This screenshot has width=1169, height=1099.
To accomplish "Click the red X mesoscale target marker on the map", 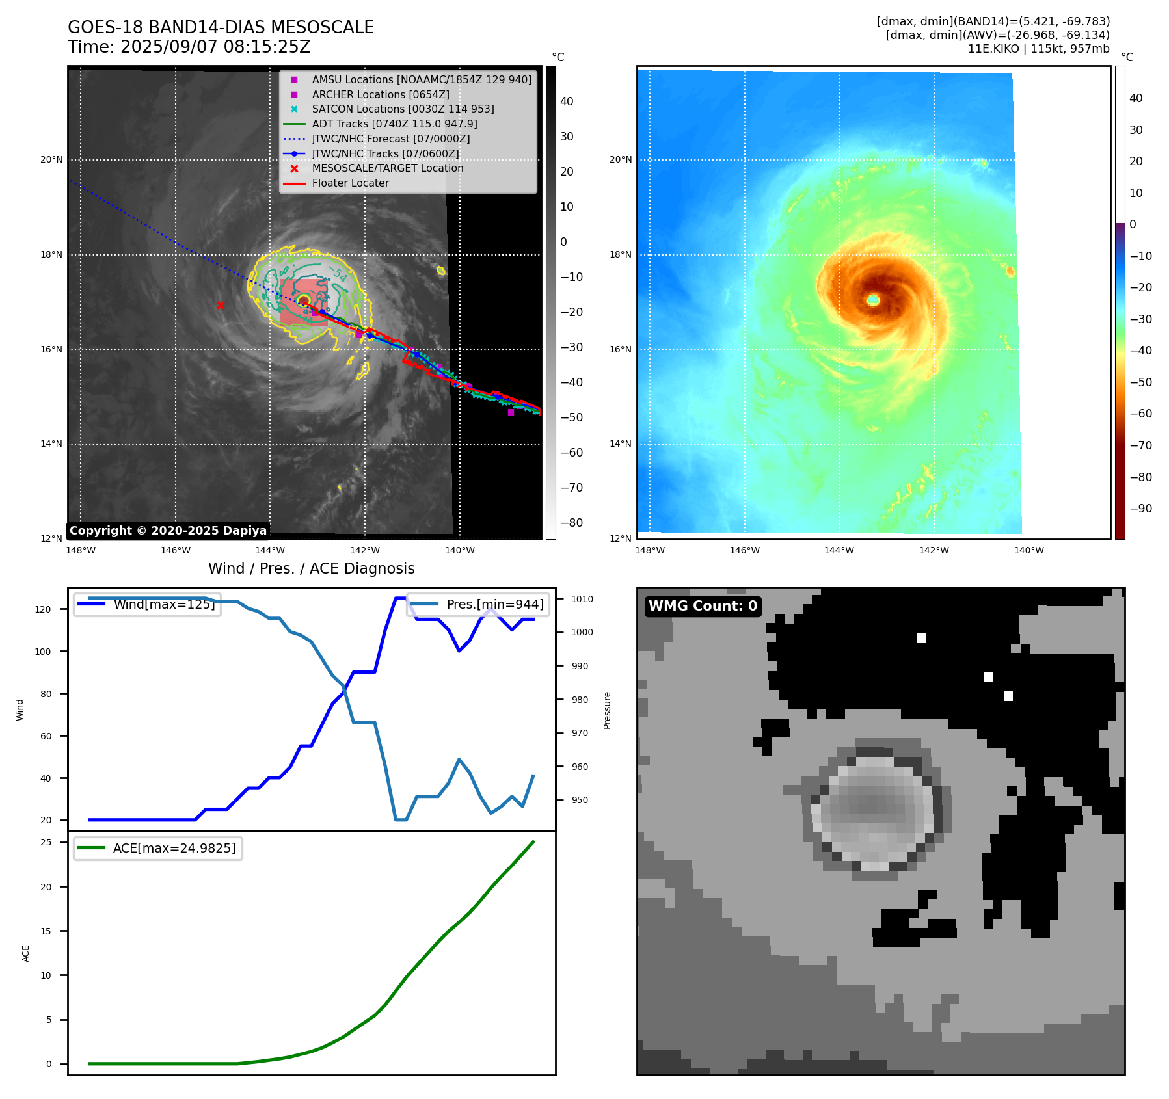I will click(x=221, y=305).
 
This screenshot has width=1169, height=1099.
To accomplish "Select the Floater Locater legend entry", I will click(x=350, y=183).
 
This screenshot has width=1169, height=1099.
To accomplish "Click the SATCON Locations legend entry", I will click(x=403, y=109).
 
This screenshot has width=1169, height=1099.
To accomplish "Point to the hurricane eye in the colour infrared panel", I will click(x=873, y=299).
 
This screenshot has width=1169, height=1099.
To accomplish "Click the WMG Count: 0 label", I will click(x=703, y=606).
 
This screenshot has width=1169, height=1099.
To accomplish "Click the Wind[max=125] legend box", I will click(x=148, y=604).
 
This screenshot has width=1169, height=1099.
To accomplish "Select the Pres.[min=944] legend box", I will click(x=479, y=604).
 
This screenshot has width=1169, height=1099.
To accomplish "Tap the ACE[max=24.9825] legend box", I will click(x=158, y=849).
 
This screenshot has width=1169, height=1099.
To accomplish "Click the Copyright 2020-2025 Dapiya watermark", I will click(x=168, y=531).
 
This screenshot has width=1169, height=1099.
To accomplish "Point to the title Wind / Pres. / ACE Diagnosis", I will click(x=311, y=568).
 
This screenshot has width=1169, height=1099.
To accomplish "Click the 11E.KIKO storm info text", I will click(x=1038, y=49).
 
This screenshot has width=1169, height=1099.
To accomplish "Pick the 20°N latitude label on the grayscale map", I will click(x=52, y=160).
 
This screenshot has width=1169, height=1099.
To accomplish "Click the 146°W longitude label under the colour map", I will click(x=744, y=550).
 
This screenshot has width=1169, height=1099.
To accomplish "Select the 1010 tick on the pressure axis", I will click(x=582, y=599).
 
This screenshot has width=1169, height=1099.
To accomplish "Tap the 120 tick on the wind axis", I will click(x=43, y=609).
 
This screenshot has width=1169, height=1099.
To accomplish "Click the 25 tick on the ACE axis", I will click(x=46, y=842).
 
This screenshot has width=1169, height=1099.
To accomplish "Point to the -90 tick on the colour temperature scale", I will click(x=1140, y=509).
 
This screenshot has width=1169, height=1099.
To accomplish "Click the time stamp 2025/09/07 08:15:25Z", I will click(x=189, y=47).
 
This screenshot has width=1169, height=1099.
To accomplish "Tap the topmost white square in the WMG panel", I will click(x=921, y=638).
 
